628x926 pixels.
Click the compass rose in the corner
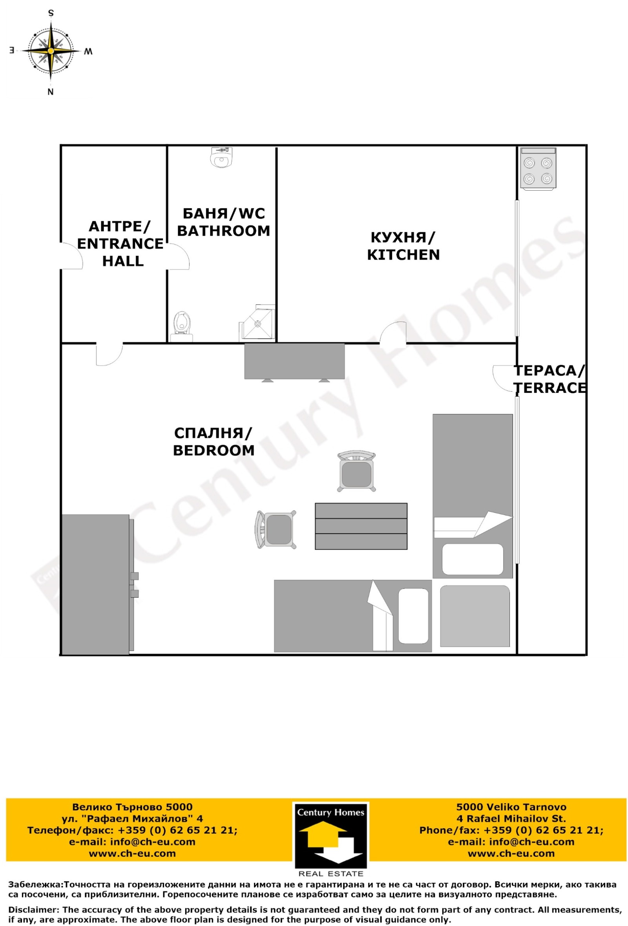[x=51, y=51]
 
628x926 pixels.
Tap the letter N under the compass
[x=51, y=92]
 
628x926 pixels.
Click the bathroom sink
[x=220, y=157]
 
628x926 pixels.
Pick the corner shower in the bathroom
[x=257, y=323]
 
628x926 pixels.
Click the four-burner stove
[x=538, y=168]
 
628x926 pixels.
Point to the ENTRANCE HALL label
[x=120, y=243]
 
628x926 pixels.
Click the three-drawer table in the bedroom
[x=361, y=526]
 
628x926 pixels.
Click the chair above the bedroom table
[x=356, y=471]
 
